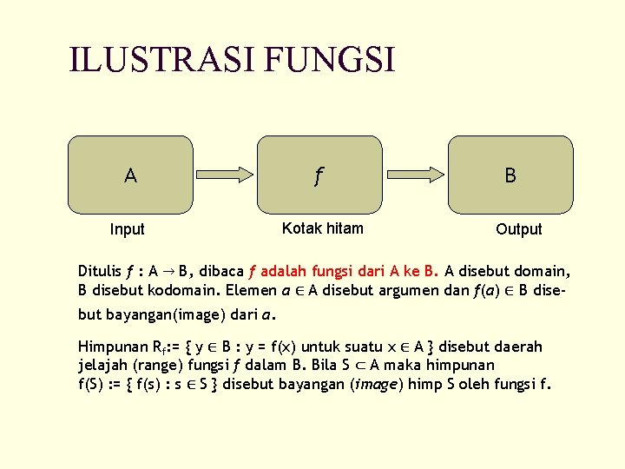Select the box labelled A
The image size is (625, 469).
(129, 175)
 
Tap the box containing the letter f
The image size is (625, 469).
(319, 175)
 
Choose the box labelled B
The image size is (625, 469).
(510, 175)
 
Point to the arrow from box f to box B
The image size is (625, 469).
(415, 175)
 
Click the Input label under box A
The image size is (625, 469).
(127, 229)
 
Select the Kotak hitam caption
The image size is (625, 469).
(323, 228)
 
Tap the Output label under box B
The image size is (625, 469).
(518, 229)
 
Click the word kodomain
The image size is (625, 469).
(181, 289)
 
